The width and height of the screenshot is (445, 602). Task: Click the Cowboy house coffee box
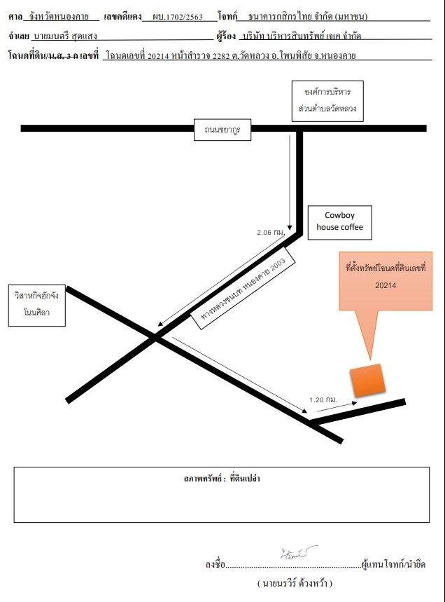click(339, 223)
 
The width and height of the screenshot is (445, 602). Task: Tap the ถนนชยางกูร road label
click(222, 130)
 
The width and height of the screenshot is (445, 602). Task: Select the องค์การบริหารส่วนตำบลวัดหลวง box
click(327, 101)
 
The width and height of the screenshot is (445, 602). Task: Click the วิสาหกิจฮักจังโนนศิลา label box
click(37, 306)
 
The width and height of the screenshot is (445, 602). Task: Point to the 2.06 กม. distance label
click(271, 232)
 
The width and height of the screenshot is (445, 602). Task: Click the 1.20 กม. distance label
click(323, 399)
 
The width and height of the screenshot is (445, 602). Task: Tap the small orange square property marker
click(367, 380)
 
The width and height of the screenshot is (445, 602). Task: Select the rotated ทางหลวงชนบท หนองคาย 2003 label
click(243, 289)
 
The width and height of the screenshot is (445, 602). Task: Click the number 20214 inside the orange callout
click(386, 285)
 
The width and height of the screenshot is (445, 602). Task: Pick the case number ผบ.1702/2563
click(178, 17)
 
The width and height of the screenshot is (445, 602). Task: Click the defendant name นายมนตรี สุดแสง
click(65, 36)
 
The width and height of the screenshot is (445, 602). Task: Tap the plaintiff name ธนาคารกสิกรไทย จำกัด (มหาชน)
click(308, 17)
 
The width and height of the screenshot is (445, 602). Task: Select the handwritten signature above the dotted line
click(298, 553)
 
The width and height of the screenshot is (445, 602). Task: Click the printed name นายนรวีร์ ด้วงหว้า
click(295, 583)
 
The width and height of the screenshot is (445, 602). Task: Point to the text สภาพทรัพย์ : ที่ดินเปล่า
click(222, 479)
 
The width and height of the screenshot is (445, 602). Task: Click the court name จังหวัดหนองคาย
click(59, 17)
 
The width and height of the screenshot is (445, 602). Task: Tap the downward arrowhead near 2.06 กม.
click(290, 227)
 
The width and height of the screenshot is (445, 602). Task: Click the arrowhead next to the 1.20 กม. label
click(354, 403)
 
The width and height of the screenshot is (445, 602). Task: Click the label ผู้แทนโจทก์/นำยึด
click(394, 564)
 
